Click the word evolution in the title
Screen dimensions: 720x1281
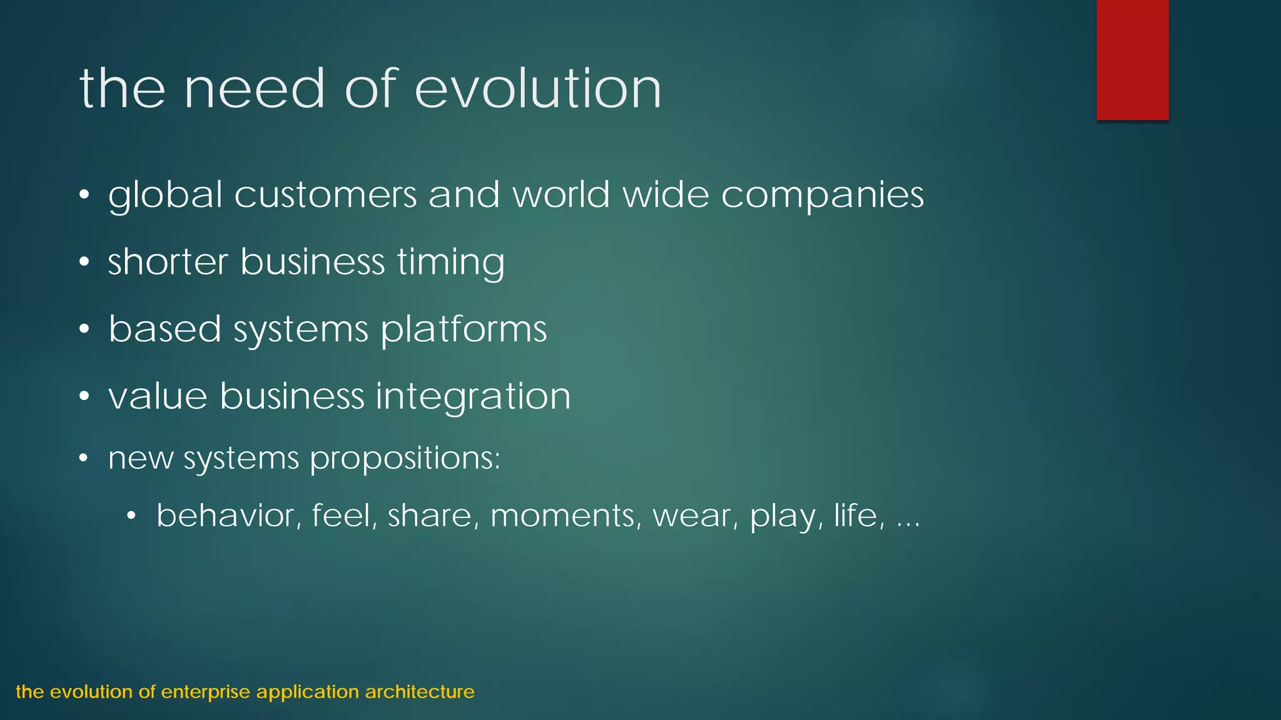click(538, 89)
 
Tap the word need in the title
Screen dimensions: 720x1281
click(255, 89)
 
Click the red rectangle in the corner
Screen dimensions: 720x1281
click(1132, 59)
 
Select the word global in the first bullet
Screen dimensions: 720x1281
click(165, 195)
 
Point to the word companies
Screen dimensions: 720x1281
click(823, 195)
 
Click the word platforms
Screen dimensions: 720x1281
click(463, 329)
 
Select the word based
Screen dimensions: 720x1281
click(165, 329)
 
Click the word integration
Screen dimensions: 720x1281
click(473, 396)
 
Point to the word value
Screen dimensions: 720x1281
click(158, 396)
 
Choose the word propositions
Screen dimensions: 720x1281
click(405, 459)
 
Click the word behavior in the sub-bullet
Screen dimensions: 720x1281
click(225, 516)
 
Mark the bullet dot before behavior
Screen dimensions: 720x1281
click(131, 516)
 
